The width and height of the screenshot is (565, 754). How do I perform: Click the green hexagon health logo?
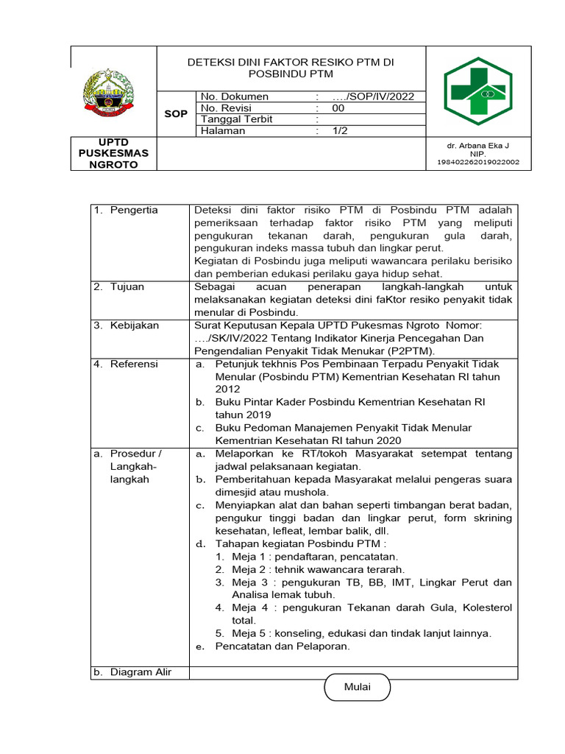(x=477, y=91)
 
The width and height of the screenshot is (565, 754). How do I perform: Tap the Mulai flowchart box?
(x=358, y=687)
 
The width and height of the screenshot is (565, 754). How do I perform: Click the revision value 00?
(x=338, y=108)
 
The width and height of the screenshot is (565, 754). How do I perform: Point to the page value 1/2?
(x=339, y=131)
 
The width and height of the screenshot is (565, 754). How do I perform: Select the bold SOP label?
(x=175, y=114)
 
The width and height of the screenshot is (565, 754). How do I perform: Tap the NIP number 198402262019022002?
(x=478, y=162)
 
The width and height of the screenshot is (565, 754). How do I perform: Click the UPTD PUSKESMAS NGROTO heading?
(x=113, y=153)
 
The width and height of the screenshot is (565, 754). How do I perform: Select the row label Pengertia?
(x=134, y=211)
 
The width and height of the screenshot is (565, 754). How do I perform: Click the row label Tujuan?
(x=127, y=286)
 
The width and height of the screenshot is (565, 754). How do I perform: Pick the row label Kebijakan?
(x=134, y=325)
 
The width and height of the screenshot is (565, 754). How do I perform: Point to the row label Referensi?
(x=134, y=364)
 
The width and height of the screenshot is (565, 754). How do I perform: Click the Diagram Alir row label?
(x=140, y=672)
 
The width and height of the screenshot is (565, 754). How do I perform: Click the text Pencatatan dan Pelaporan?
(x=282, y=646)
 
